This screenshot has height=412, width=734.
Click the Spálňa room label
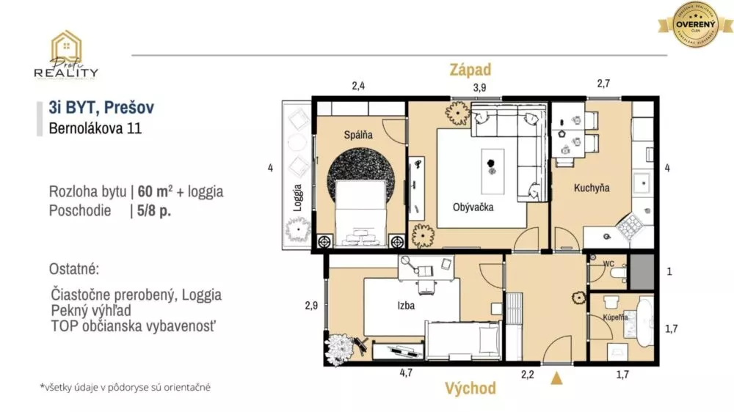[x=359, y=135]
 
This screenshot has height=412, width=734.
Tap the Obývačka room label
[x=473, y=207]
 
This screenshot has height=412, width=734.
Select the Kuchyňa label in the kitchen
[x=592, y=188]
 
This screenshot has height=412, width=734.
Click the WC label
[x=608, y=263]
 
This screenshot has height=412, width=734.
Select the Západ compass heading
[x=470, y=70]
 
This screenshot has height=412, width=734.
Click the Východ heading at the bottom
[x=470, y=389]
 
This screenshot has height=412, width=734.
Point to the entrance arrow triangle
[x=558, y=378]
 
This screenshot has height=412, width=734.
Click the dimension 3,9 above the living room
[x=479, y=87]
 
